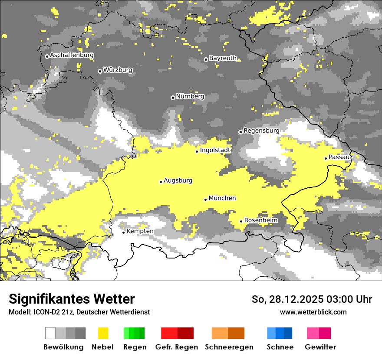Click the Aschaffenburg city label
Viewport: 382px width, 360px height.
(x=72, y=56)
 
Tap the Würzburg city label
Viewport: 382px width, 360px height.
(x=118, y=70)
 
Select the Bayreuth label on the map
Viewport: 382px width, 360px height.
(x=223, y=58)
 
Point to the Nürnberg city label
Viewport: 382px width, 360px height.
(x=190, y=96)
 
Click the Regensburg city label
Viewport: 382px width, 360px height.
(x=261, y=131)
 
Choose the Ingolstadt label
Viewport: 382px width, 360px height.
(x=215, y=150)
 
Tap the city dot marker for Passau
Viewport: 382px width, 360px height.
(x=326, y=158)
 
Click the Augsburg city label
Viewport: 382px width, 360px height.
(x=178, y=180)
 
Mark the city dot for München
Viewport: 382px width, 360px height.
(x=205, y=200)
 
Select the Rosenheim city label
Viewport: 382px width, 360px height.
(x=261, y=220)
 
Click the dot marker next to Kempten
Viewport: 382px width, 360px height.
(x=123, y=232)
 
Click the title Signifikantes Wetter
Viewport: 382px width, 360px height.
(x=72, y=299)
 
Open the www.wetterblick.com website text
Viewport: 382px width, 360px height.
(x=313, y=312)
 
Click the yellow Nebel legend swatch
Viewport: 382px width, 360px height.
(x=103, y=333)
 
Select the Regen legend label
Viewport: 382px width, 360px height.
(x=135, y=347)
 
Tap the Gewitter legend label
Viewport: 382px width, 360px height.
(x=320, y=347)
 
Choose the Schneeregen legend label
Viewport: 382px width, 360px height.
(x=229, y=347)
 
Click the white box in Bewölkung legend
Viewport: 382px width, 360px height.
(x=50, y=333)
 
